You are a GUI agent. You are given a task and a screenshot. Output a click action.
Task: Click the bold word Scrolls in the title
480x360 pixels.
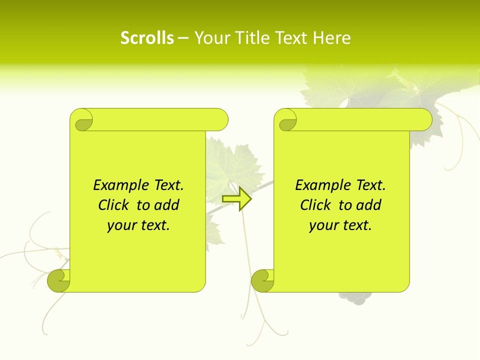[147, 38]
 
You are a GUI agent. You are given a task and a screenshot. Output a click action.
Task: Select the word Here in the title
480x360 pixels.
[331, 38]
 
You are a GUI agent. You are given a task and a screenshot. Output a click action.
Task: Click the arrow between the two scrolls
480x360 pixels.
[237, 199]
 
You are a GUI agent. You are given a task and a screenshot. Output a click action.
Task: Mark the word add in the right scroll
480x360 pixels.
[369, 205]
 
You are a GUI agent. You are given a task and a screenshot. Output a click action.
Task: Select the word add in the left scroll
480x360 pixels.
[167, 205]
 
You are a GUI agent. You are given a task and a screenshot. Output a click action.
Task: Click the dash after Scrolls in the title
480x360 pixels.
[183, 38]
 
